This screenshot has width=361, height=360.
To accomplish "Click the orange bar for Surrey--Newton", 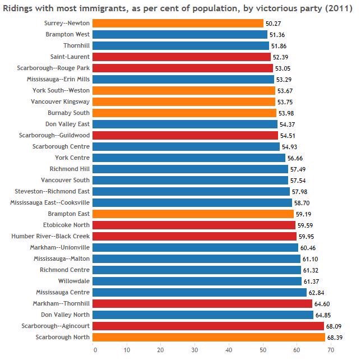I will (177, 23).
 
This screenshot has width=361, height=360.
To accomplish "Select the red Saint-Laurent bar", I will (181, 57).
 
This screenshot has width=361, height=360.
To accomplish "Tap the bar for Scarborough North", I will (208, 337).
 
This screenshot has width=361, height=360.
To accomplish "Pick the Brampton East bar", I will (192, 214).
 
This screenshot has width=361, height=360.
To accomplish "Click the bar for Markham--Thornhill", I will (202, 303).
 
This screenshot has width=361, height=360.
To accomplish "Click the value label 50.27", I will (274, 24).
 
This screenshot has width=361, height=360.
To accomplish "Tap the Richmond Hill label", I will (70, 169).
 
